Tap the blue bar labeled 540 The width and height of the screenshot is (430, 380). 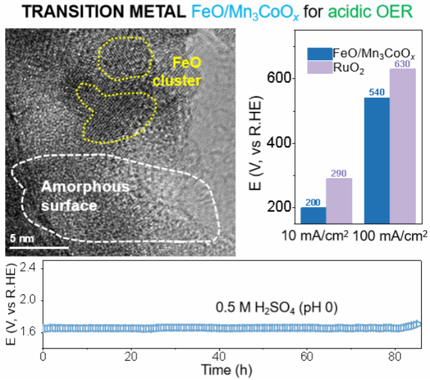pos(377,160)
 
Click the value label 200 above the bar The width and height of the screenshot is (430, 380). pos(313,202)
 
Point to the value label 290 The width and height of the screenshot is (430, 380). pos(339,173)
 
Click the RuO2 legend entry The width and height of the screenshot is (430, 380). pos(357,65)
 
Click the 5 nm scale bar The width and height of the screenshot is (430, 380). pos(39,246)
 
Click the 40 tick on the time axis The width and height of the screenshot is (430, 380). pos(219,356)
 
